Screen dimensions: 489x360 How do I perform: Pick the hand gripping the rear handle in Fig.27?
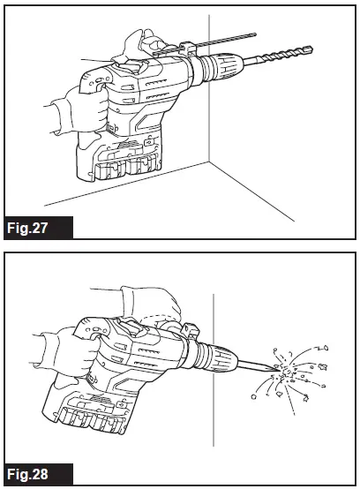tap(84, 110)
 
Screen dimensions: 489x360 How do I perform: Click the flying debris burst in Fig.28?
tap(291, 375)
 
